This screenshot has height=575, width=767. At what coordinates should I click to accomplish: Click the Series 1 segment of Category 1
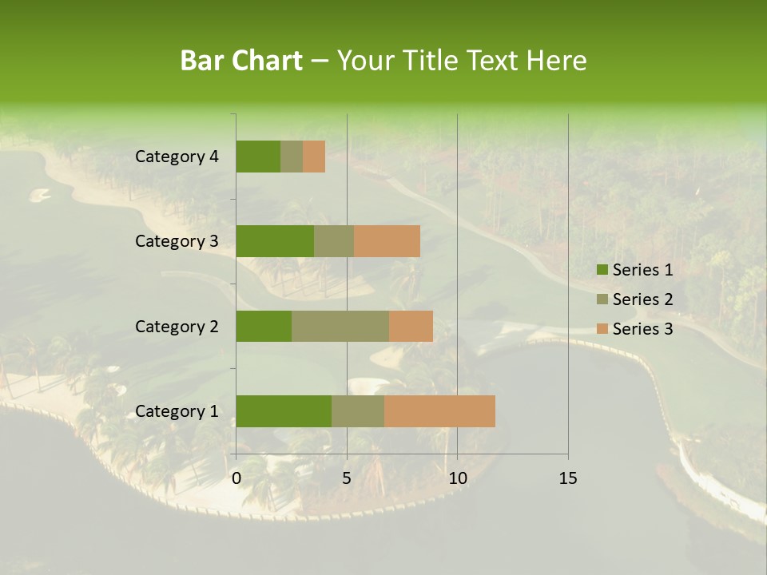point(284,411)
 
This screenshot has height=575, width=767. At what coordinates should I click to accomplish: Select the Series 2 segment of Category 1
point(358,411)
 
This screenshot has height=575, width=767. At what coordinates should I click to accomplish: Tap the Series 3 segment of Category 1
point(439,411)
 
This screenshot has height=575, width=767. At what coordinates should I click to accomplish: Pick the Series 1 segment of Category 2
point(264,326)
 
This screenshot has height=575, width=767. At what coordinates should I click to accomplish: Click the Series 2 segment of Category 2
point(340,326)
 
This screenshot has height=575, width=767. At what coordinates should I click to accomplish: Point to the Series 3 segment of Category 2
point(411,326)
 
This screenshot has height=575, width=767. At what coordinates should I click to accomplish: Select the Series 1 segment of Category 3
point(275,241)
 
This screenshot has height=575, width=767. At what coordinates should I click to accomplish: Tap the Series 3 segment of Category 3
point(387,241)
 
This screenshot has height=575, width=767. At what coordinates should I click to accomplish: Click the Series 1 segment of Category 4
point(258,157)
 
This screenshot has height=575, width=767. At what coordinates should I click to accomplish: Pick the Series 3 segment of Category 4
point(314,157)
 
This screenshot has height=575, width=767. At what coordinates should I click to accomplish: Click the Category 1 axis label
point(177,411)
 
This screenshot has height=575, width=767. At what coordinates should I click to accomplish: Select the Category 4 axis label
point(177,157)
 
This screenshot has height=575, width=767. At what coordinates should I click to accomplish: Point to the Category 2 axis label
point(177,326)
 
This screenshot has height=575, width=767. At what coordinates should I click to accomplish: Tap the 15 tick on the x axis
point(567,478)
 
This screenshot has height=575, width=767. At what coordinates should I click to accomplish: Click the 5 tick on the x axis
point(347,478)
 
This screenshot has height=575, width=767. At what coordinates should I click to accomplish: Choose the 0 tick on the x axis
point(236,478)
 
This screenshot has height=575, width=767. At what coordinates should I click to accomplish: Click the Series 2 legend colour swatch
point(602,299)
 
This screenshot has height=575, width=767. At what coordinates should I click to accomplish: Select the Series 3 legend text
point(642,329)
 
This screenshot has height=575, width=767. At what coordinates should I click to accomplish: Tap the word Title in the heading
point(431,61)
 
